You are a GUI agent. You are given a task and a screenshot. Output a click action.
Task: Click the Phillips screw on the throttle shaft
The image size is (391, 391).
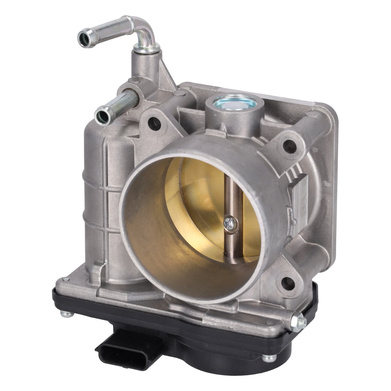pyautogui.click(x=229, y=222)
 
